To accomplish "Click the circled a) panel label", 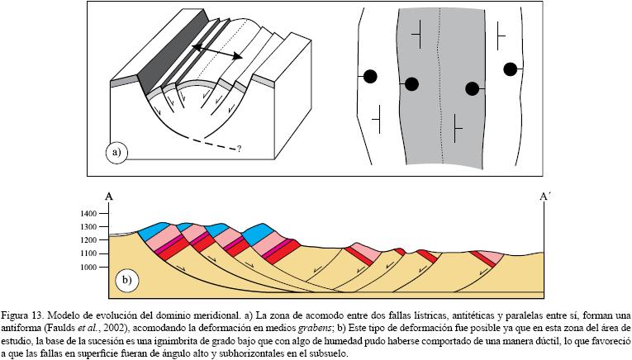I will (116, 152).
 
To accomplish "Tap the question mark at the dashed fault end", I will (240, 149).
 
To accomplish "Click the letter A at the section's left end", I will (108, 197).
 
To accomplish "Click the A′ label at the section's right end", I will (544, 197).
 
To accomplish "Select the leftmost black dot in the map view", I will (370, 77).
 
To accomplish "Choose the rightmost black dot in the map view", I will (511, 69).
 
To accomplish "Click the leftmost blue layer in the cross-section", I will (154, 230).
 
